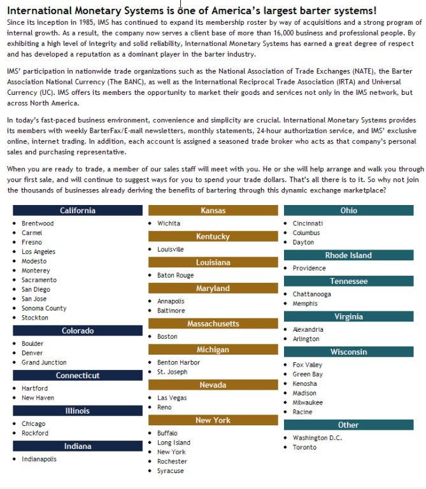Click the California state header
[x=78, y=211]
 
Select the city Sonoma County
[x=43, y=308]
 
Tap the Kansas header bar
[x=213, y=211]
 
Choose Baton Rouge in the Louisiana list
[x=175, y=275]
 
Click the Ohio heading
[x=349, y=211]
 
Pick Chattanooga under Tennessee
[x=311, y=294]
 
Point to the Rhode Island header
[x=349, y=255]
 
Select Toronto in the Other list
[x=304, y=447]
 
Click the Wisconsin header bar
[x=349, y=352]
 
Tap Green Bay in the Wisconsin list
[x=308, y=374]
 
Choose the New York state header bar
[x=213, y=420]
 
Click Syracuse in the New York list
[x=170, y=471]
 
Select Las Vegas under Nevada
[x=172, y=398]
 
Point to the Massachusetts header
[x=213, y=323]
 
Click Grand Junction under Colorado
[x=43, y=362]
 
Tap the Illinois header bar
[x=78, y=411]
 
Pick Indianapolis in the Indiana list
[x=39, y=458]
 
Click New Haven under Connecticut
[x=38, y=397]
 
